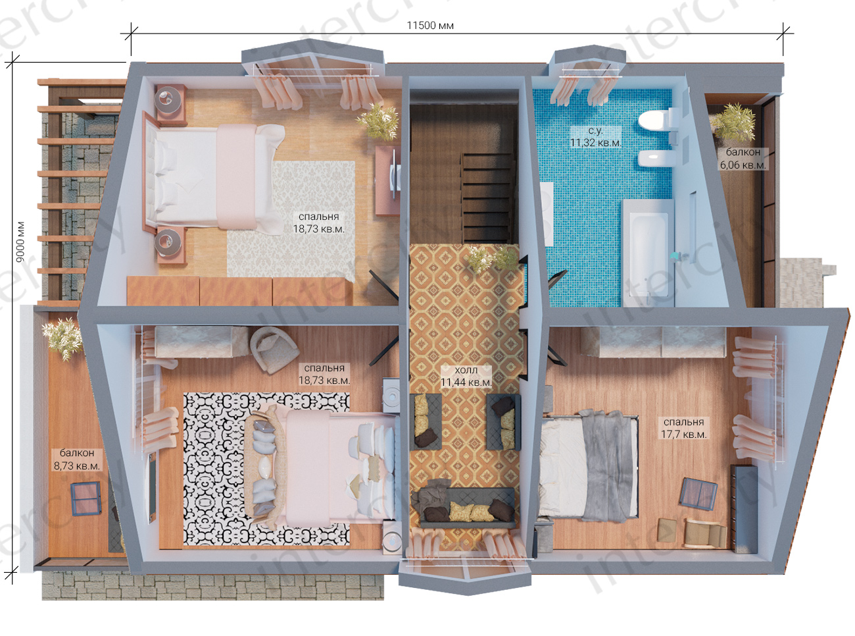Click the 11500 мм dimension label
[430, 26]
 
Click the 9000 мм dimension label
[20, 241]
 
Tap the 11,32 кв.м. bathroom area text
[596, 143]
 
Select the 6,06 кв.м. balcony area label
[743, 165]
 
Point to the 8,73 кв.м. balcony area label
[77, 466]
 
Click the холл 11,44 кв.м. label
[466, 377]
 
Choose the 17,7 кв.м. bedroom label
[684, 434]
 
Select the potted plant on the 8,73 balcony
[62, 338]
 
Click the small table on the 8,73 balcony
[86, 499]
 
